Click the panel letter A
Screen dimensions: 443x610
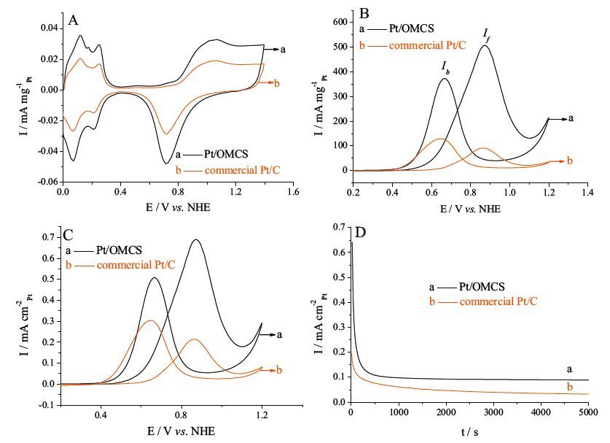(73, 20)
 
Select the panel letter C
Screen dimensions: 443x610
(68, 234)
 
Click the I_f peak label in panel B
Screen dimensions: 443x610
(485, 34)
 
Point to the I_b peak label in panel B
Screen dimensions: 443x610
(445, 66)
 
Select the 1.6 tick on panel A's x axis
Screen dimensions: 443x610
(294, 193)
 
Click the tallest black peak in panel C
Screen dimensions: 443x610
(195, 240)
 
